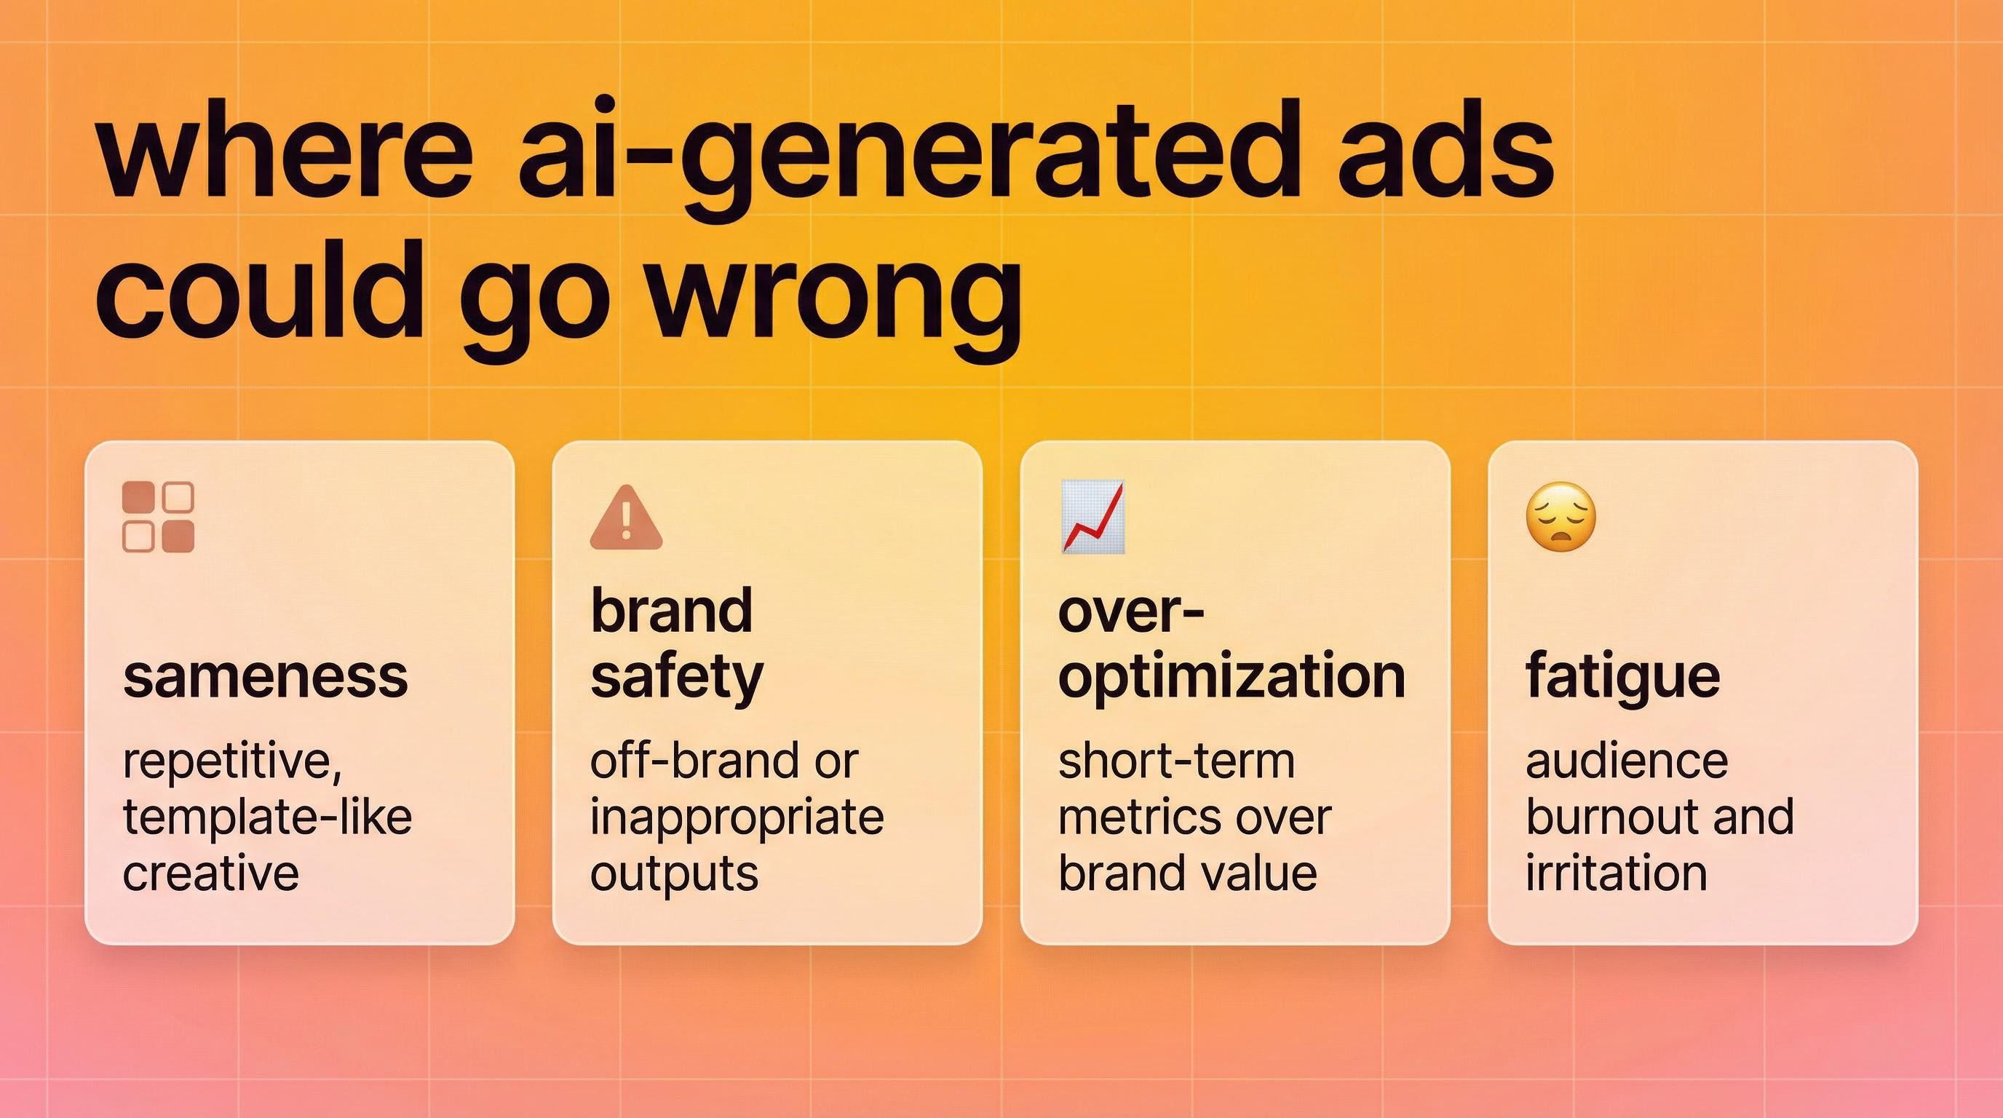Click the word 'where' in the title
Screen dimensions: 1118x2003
tap(284, 151)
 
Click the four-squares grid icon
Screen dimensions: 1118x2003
tap(159, 517)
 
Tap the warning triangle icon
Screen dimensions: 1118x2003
tap(626, 518)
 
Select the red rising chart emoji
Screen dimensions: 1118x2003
tap(1092, 517)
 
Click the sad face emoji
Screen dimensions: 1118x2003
tap(1560, 517)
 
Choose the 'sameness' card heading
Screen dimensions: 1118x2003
tap(265, 676)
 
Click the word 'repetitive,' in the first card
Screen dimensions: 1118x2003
tap(231, 762)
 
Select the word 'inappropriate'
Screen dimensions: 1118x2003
tap(737, 818)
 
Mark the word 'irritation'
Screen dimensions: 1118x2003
tap(1616, 873)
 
